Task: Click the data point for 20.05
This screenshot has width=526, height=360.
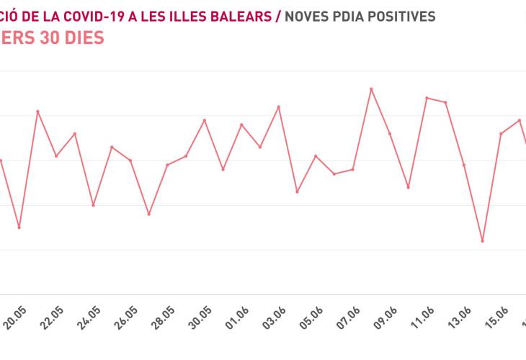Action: tap(19, 228)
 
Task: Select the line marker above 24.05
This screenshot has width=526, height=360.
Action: tap(93, 205)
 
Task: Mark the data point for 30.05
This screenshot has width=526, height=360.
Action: tap(205, 120)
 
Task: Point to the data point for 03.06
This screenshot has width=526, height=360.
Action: tap(279, 107)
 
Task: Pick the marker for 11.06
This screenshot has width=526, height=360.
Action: tap(427, 97)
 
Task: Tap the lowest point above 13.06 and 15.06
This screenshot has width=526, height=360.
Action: tap(483, 241)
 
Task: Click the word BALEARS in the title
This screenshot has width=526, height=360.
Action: tap(243, 16)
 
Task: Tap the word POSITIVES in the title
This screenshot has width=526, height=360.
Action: tap(401, 16)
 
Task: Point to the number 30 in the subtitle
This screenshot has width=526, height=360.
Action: tap(48, 37)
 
